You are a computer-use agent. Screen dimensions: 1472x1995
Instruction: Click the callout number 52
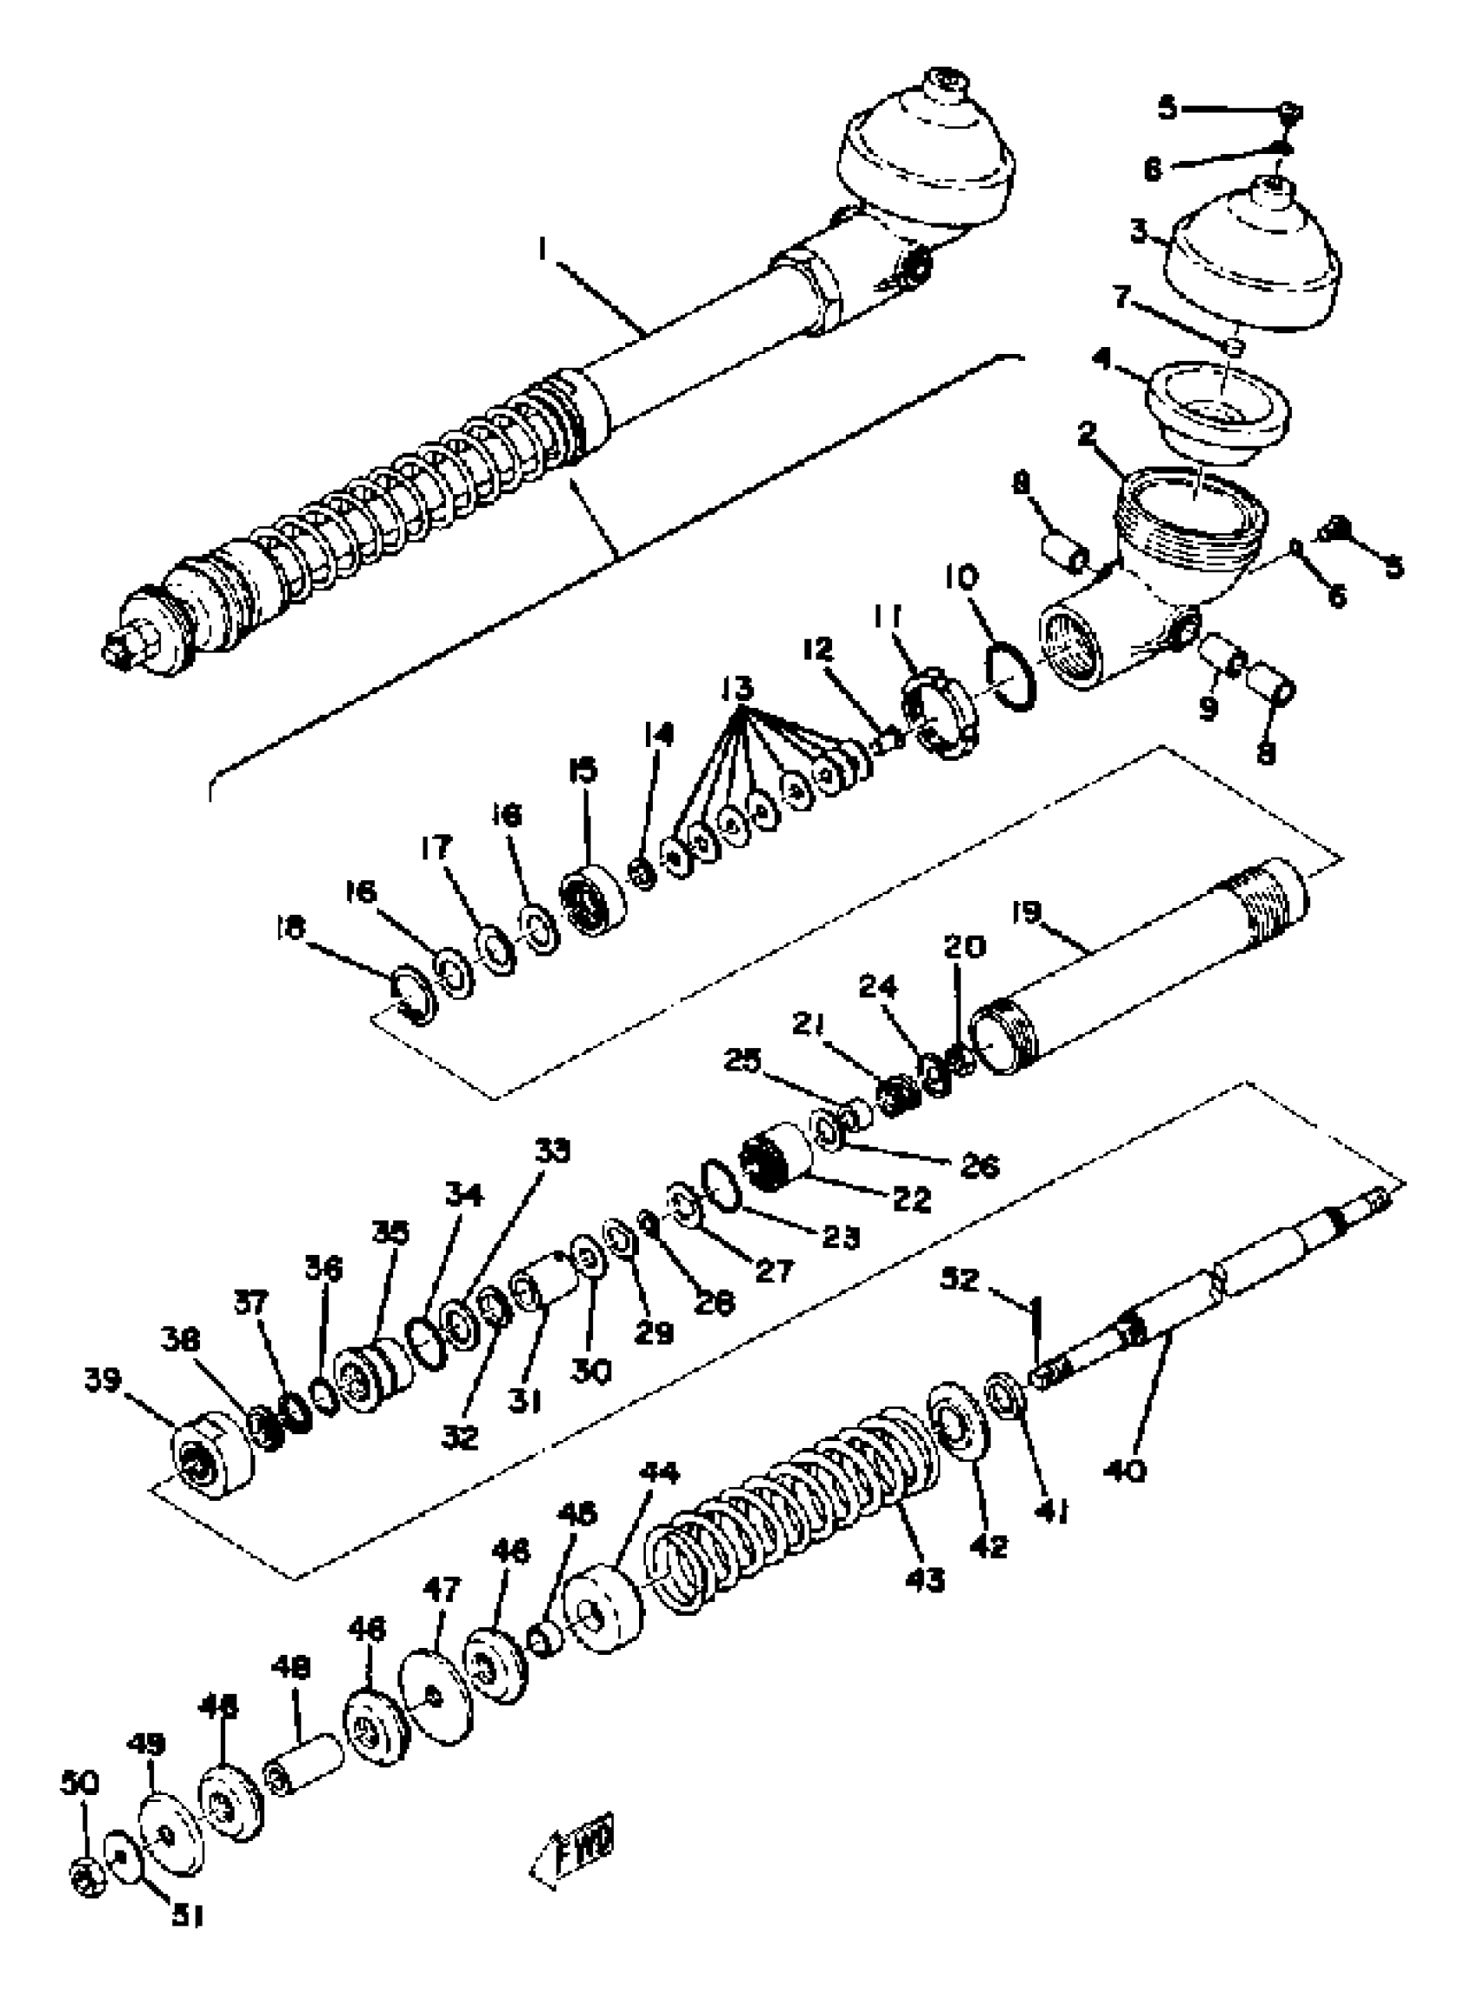pyautogui.click(x=959, y=1280)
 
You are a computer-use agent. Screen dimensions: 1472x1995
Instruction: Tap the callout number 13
pyautogui.click(x=738, y=688)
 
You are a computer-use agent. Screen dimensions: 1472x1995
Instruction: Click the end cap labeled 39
pyautogui.click(x=211, y=1455)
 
